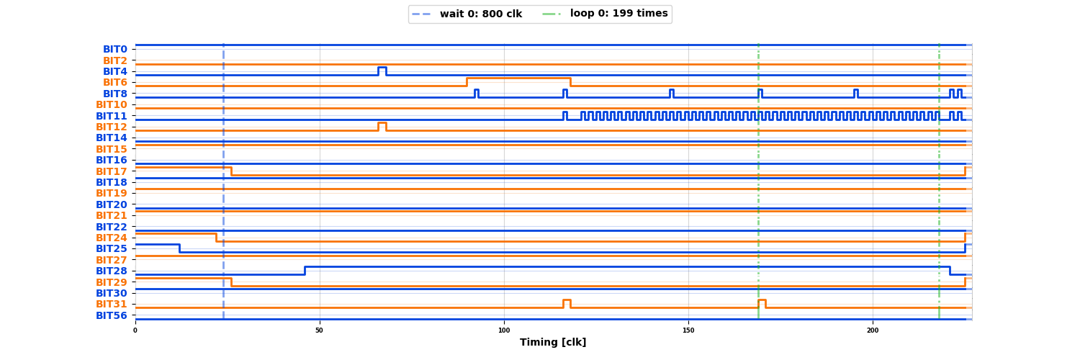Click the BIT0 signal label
coord(114,50)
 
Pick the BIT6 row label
coord(114,83)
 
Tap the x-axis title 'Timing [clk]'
coord(553,343)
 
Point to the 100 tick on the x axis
coord(504,330)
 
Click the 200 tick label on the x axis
coord(873,330)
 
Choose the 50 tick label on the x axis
coord(320,330)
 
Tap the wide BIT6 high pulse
coord(518,78)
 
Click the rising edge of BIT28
coord(305,271)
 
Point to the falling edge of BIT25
coord(179,248)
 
